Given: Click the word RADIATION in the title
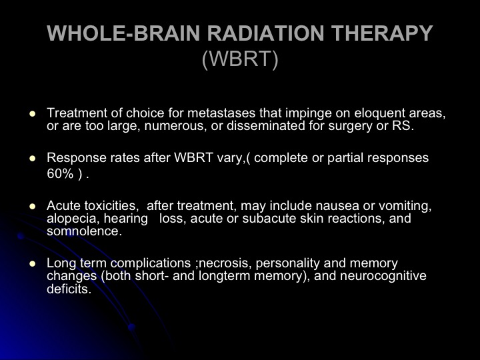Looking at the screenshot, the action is tap(265, 33).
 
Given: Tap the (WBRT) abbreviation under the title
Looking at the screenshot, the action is tap(240, 58).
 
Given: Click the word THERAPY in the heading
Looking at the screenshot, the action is tap(382, 33).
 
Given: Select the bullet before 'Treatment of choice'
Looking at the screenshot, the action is tap(32, 114).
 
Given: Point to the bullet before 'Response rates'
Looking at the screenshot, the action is tap(32, 159).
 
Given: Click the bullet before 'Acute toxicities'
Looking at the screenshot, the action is tap(32, 206).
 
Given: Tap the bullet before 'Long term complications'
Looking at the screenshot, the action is tap(32, 264).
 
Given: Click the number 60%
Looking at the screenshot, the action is tap(60, 173).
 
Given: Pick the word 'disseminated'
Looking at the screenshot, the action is tap(266, 126).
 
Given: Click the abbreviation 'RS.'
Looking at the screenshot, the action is tap(403, 126).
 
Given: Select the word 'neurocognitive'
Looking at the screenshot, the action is tap(383, 276).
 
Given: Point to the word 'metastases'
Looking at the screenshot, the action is tap(221, 113).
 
